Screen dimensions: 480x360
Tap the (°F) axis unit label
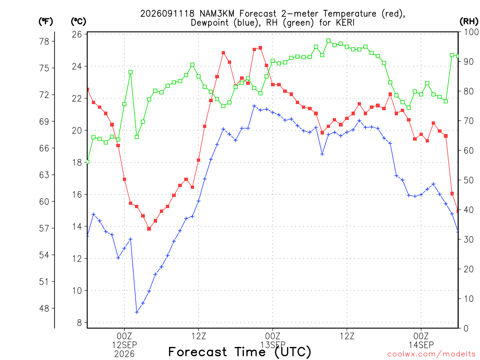pyautogui.click(x=45, y=22)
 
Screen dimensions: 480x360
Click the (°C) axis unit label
pyautogui.click(x=78, y=22)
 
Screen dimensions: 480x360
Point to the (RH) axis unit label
pyautogui.click(x=469, y=22)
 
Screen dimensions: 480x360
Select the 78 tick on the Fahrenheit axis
pyautogui.click(x=45, y=41)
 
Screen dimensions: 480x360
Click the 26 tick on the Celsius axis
pyautogui.click(x=77, y=34)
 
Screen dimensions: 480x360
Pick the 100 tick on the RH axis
pyautogui.click(x=471, y=32)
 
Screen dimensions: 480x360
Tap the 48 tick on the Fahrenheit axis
pyautogui.click(x=45, y=308)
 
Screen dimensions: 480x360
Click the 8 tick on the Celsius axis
pyautogui.click(x=80, y=322)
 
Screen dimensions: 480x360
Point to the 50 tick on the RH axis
pyautogui.click(x=469, y=180)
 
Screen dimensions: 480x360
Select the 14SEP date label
pyautogui.click(x=421, y=345)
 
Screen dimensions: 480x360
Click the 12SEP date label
pyautogui.click(x=124, y=345)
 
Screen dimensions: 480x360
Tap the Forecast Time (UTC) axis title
pyautogui.click(x=240, y=352)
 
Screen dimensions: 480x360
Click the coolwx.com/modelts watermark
pyautogui.click(x=431, y=354)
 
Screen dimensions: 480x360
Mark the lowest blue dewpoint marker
pyautogui.click(x=136, y=312)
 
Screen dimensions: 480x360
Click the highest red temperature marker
pyautogui.click(x=261, y=48)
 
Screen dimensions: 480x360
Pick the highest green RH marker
pyautogui.click(x=329, y=40)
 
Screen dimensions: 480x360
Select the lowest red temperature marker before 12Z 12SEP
pyautogui.click(x=149, y=229)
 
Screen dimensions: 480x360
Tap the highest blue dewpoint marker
pyautogui.click(x=254, y=106)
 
